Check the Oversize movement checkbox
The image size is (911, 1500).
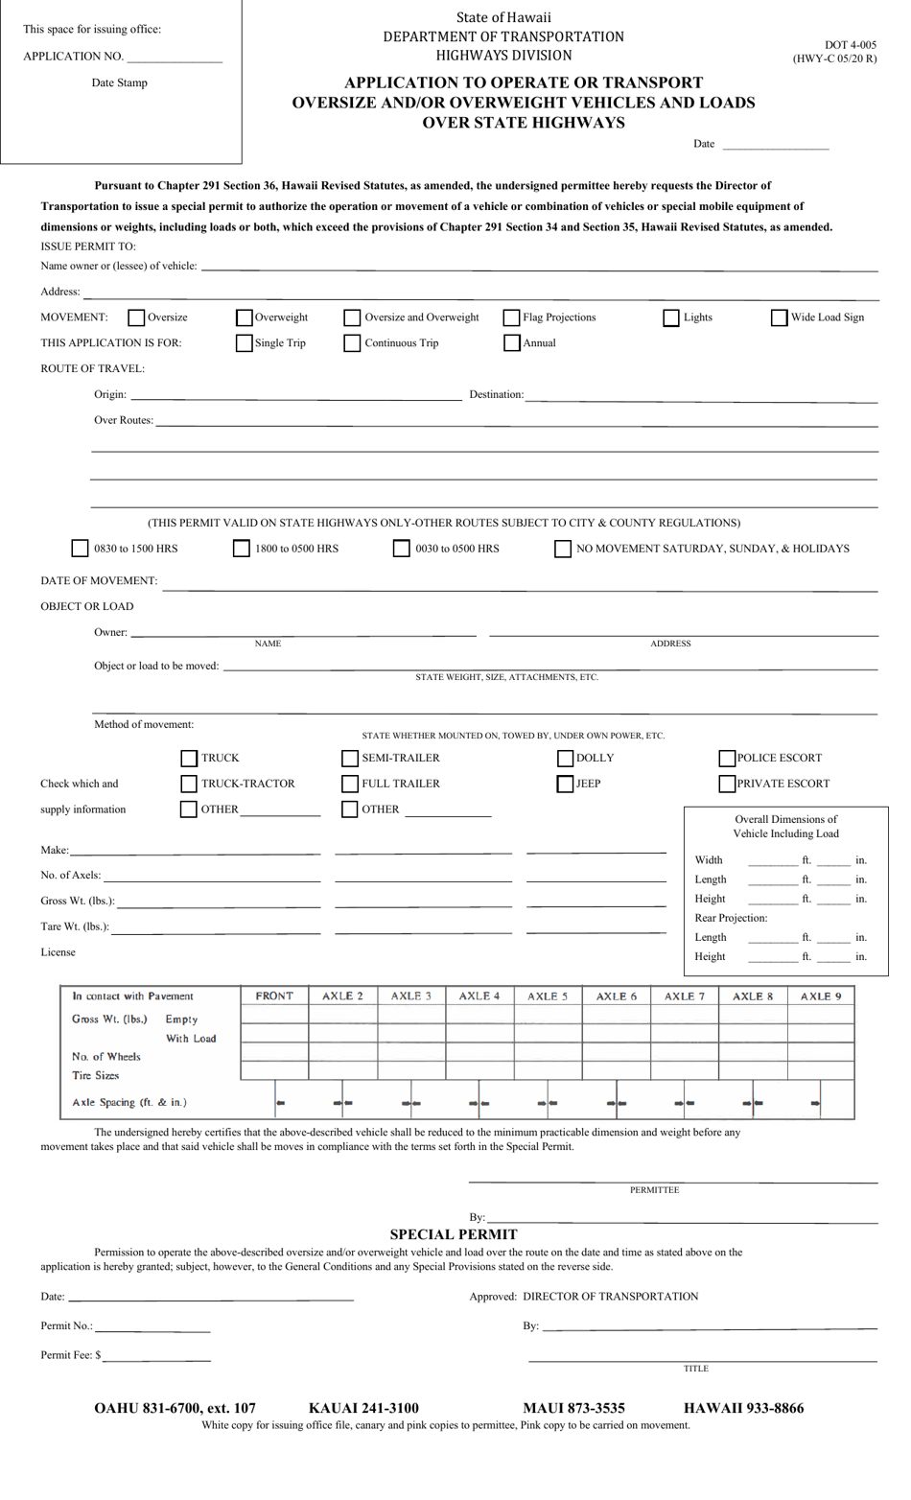click(136, 317)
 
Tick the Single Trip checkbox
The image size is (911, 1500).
click(245, 343)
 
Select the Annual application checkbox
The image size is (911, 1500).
click(512, 343)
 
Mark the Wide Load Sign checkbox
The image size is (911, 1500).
click(780, 317)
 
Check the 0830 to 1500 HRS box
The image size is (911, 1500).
click(81, 549)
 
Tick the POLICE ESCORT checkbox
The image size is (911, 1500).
click(727, 759)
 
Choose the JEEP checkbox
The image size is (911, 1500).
click(566, 784)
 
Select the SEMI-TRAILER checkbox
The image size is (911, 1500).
click(350, 759)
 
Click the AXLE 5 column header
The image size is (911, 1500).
click(548, 996)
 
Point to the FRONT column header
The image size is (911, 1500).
click(274, 996)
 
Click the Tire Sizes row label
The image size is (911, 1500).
click(95, 1075)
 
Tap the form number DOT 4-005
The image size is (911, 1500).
click(850, 45)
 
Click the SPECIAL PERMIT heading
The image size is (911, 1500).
click(454, 1234)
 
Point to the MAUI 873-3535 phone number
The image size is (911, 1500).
click(573, 1408)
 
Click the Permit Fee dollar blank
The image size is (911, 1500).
click(157, 1357)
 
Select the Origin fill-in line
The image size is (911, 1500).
click(295, 396)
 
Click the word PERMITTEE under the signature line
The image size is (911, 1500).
click(654, 1190)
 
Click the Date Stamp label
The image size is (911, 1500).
click(120, 83)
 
